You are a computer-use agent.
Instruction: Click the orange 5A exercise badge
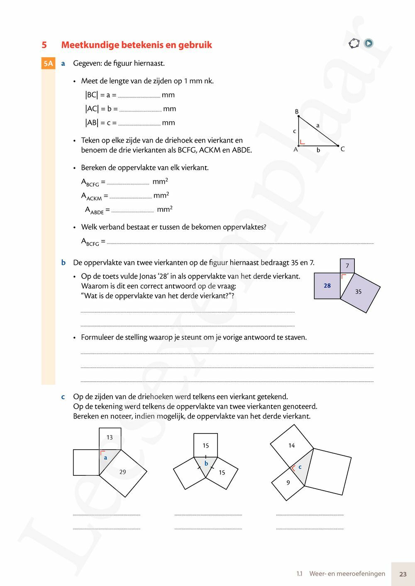[x=48, y=63]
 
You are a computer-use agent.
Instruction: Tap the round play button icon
[x=369, y=43]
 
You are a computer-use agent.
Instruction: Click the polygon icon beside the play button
[x=354, y=43]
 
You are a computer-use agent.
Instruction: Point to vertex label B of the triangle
[x=297, y=111]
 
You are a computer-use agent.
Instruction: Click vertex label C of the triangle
[x=343, y=149]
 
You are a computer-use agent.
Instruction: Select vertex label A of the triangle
[x=295, y=149]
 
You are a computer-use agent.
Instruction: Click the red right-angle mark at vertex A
[x=302, y=142]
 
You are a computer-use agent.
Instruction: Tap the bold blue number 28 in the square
[x=327, y=286]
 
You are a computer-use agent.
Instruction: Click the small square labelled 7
[x=347, y=266]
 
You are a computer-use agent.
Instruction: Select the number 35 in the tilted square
[x=358, y=292]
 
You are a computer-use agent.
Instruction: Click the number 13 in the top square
[x=110, y=437]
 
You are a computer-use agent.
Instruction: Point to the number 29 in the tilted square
[x=122, y=472]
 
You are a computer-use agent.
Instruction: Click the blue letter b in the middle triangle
[x=206, y=464]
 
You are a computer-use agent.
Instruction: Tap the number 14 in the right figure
[x=291, y=446]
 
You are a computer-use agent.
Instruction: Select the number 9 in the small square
[x=288, y=482]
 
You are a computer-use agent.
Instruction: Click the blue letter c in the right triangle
[x=300, y=467]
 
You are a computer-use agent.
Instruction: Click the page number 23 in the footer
[x=403, y=574]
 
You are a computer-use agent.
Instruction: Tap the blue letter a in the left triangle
[x=105, y=458]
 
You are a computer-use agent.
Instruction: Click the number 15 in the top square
[x=205, y=446]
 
